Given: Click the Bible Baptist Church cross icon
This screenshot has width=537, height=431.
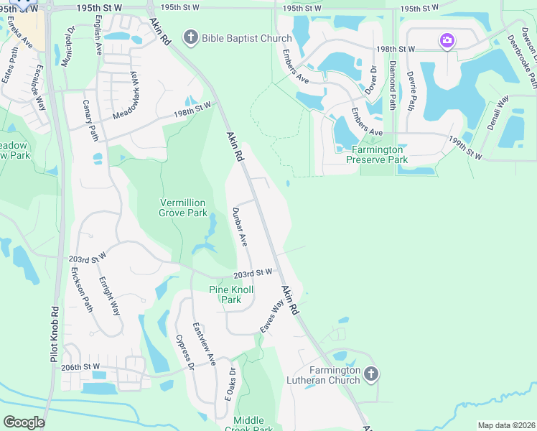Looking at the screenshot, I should pos(191,37).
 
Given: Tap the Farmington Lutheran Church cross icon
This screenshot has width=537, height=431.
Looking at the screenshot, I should pos(370,374).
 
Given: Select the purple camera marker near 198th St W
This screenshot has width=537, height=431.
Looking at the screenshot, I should pos(447,40).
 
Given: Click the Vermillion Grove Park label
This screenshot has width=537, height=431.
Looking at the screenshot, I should pos(183,208).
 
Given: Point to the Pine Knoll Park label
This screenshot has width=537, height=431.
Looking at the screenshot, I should pos(225,295).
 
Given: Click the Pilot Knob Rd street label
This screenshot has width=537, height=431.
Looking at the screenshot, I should pos(55,334).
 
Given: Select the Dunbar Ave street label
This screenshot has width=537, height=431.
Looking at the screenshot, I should pos(240,227).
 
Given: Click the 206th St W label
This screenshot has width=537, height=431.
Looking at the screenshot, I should pos(80,366).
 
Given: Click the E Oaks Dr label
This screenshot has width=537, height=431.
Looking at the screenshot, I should pos(231,384).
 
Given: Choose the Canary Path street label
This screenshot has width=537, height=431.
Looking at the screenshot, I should pos(90,119).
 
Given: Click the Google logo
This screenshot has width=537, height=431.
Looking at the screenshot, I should pos(24,422).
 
